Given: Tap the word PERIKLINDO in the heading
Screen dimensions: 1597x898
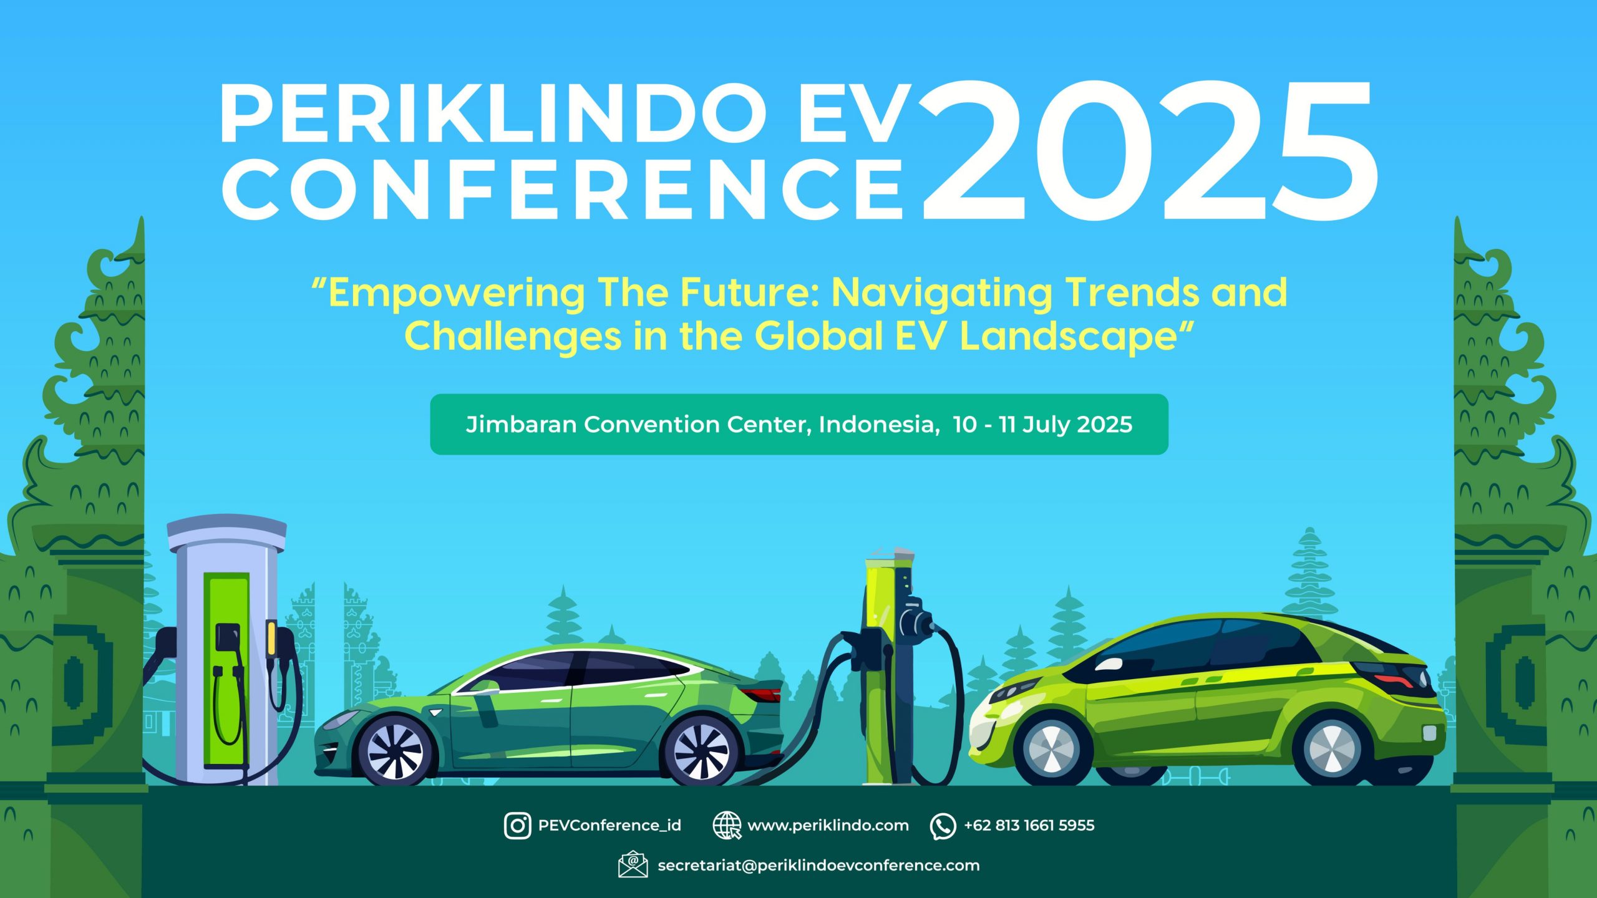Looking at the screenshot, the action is (x=493, y=115).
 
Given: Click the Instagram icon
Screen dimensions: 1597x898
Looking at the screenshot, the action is (x=518, y=825).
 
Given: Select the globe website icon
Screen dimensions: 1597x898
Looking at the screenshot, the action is (x=727, y=826).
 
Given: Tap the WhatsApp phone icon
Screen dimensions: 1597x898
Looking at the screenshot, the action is (x=943, y=826).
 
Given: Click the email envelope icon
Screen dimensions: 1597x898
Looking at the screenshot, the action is (x=633, y=864).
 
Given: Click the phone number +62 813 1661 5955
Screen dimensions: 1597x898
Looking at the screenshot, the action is (x=1029, y=826).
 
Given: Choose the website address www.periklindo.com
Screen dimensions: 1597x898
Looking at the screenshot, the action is (x=828, y=826).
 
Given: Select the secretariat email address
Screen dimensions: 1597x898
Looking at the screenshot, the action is (x=818, y=866).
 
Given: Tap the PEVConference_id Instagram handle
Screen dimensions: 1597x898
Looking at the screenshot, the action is (x=609, y=826).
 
